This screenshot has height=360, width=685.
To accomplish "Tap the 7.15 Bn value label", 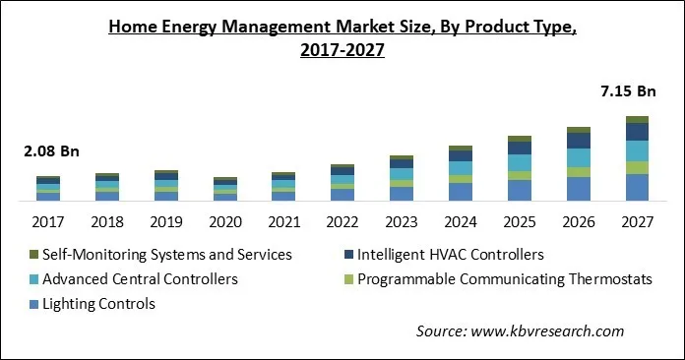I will click(x=626, y=91).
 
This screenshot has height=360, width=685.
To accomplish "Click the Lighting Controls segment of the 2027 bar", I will click(x=637, y=188).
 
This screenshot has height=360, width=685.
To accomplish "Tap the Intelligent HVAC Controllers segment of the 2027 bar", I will click(x=637, y=132).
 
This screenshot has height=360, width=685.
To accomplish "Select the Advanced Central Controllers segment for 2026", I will click(x=579, y=157).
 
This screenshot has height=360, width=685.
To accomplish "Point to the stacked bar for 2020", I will click(x=225, y=189).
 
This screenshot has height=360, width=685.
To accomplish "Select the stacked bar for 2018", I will click(x=107, y=187).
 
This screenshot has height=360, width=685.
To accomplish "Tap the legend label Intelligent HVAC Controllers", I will click(x=451, y=255).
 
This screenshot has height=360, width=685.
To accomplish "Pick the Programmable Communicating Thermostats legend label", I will click(x=504, y=279).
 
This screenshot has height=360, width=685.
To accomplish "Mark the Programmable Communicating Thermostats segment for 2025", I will click(x=520, y=175).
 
